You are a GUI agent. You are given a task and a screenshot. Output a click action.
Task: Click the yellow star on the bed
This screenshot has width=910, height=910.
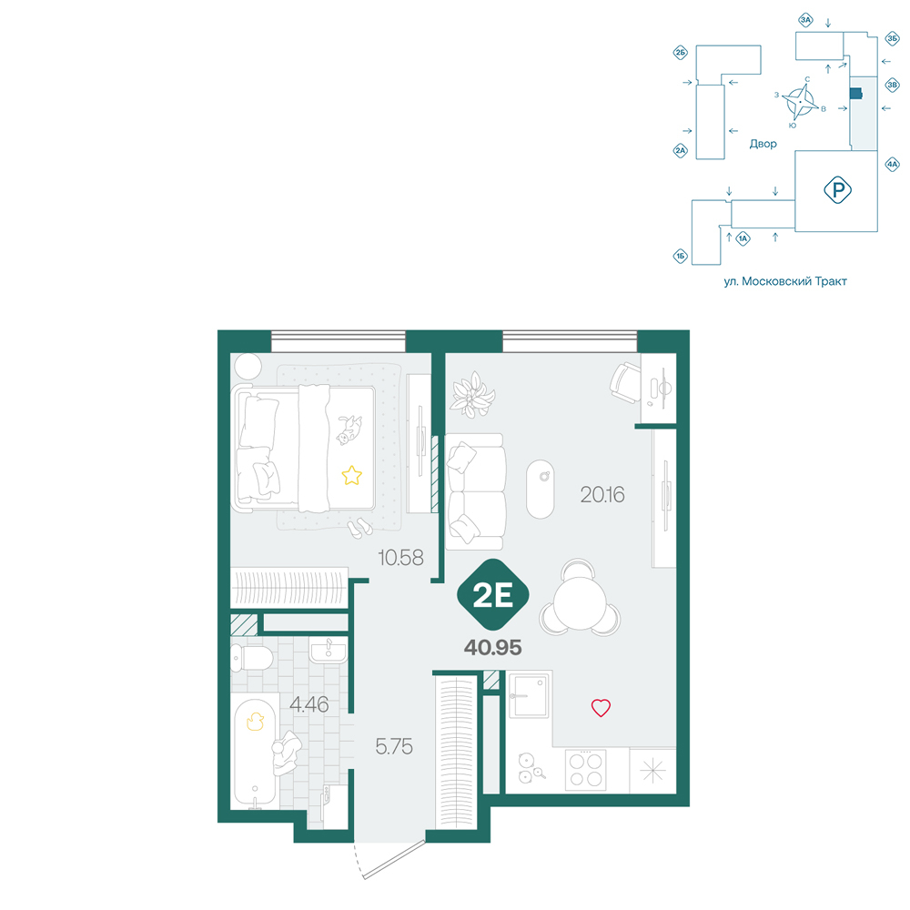(351, 475)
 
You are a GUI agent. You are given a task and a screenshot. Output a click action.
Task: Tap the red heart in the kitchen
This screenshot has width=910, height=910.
(601, 707)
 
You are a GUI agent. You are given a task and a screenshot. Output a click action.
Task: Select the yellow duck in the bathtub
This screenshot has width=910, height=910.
(256, 721)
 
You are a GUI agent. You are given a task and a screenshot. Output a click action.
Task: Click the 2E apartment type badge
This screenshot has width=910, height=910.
(492, 594)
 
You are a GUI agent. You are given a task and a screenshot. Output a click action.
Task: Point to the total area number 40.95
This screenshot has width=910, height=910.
(492, 647)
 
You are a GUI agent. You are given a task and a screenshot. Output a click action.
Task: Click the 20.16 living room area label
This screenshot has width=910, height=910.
(602, 494)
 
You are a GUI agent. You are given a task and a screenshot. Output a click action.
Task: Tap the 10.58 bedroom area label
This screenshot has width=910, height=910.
(400, 558)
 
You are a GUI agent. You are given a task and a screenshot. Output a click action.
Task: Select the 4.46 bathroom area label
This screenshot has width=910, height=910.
(308, 704)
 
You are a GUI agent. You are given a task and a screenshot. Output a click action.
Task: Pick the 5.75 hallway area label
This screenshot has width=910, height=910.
(394, 746)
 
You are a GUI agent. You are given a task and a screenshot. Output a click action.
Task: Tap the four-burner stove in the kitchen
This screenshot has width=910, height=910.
(585, 770)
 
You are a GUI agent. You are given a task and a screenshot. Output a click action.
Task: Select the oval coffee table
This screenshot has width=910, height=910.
(541, 490)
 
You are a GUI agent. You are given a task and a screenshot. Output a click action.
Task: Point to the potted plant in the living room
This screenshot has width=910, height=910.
(473, 395)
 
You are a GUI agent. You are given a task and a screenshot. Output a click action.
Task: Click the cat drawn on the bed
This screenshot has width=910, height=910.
(349, 430)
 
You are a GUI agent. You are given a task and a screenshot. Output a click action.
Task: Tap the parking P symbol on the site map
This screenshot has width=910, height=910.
(837, 190)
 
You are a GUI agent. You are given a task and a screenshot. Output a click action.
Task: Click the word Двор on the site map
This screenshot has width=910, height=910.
(763, 144)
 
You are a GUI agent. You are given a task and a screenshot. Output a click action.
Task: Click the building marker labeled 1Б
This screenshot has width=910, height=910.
(680, 256)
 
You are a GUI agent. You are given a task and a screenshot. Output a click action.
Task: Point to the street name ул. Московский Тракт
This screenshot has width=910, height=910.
(785, 281)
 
